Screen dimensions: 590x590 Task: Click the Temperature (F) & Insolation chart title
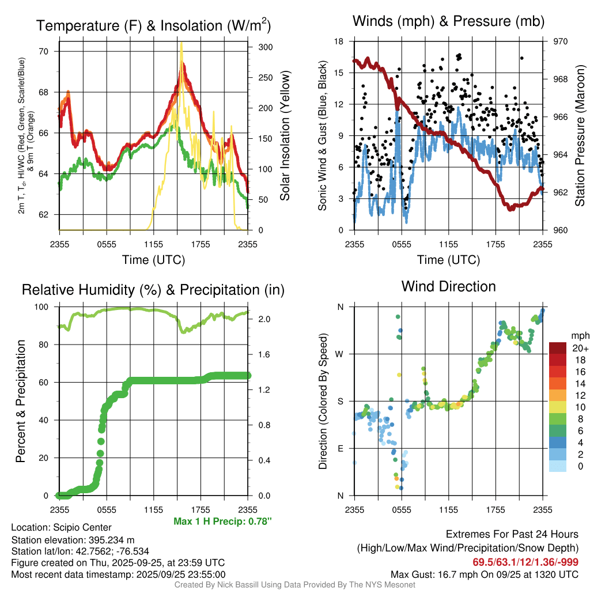pos(153,25)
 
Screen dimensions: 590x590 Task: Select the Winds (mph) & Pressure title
pos(448,21)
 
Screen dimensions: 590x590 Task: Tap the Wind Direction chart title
pos(448,286)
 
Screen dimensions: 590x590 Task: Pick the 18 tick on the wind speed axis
pos(339,41)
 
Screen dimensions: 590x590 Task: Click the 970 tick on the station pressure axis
pos(561,41)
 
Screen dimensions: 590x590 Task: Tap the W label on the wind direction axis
pos(340,354)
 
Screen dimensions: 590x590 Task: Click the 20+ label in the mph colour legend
pos(580,348)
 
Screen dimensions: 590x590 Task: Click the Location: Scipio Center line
pos(61,527)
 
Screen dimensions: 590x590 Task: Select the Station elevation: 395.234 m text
pos(73,540)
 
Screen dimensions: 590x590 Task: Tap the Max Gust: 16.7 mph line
pos(485,574)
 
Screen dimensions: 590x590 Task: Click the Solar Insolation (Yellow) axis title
pos(285,136)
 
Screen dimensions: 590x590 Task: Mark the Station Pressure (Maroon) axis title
pos(580,136)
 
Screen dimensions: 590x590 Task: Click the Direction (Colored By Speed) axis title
pos(323,401)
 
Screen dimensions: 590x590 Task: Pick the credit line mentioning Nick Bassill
pos(294,585)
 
